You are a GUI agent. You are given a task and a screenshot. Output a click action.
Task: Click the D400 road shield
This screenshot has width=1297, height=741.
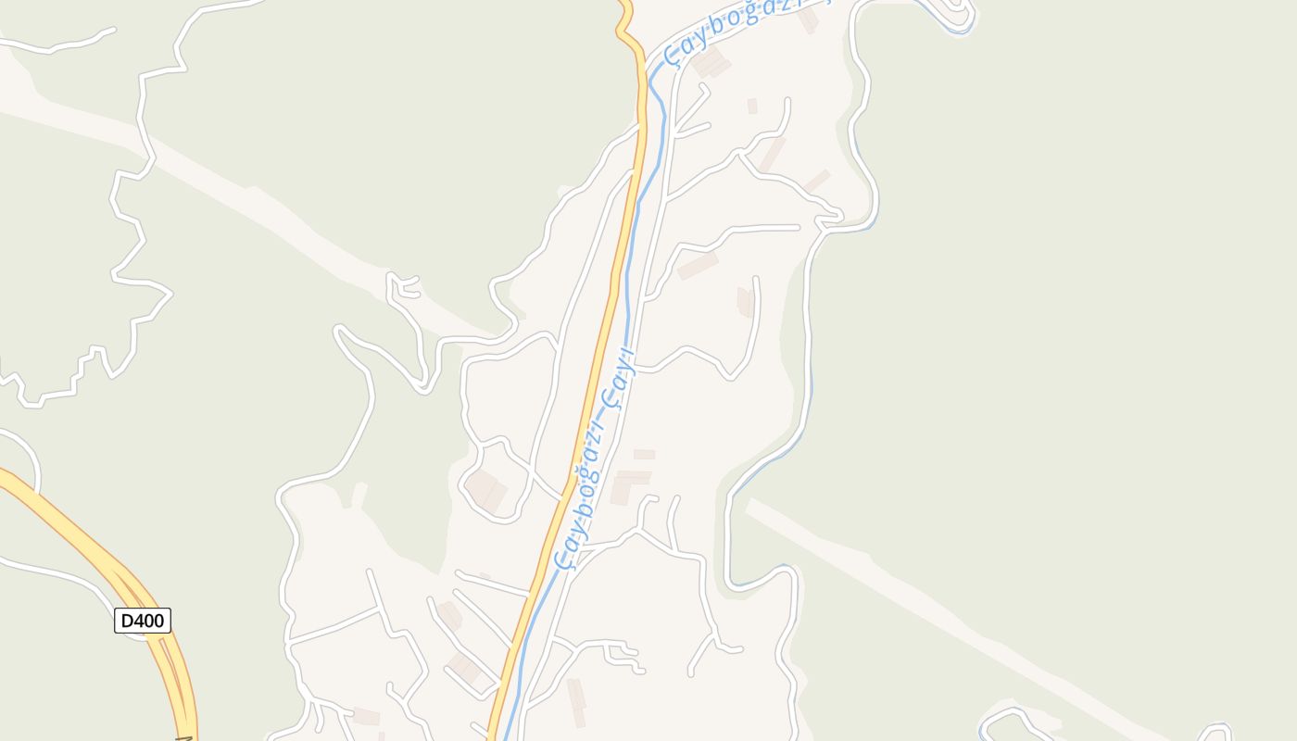tap(143, 621)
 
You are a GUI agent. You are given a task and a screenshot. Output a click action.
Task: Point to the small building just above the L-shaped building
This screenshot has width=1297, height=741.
tap(644, 454)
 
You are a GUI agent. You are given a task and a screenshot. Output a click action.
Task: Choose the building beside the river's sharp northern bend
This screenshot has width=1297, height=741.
tap(711, 64)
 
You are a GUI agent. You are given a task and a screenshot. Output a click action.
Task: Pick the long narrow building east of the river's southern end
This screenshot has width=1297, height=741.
tap(576, 702)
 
